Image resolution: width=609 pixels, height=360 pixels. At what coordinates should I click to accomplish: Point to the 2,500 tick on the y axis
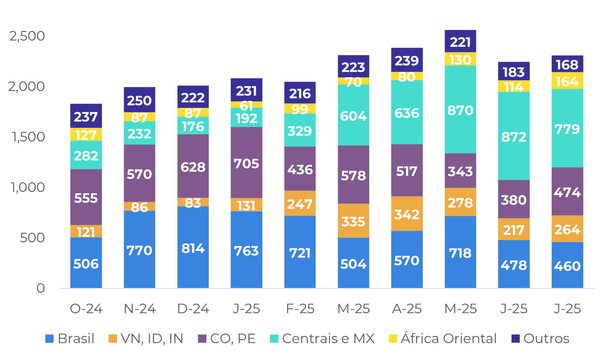point(27,36)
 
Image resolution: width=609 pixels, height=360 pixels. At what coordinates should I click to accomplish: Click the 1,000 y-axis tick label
point(28,187)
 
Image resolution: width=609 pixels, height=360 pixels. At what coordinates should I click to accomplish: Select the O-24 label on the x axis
point(86,309)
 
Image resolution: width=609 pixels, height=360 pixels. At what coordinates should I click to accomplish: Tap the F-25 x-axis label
point(300,309)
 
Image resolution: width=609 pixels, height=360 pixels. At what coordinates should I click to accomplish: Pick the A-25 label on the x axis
point(407,309)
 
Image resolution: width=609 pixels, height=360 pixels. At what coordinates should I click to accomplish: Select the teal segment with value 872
point(514,136)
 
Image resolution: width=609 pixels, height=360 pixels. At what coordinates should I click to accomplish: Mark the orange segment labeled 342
point(407,214)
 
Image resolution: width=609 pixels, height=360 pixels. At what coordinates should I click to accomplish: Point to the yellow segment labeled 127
point(86,134)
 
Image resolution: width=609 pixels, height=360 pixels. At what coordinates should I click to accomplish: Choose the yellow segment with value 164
point(567,81)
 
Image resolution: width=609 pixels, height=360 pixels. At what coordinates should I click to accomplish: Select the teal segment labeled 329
point(300,130)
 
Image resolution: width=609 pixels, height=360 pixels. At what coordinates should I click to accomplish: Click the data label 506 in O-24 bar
point(86,264)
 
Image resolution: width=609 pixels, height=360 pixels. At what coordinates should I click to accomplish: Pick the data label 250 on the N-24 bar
point(139,101)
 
